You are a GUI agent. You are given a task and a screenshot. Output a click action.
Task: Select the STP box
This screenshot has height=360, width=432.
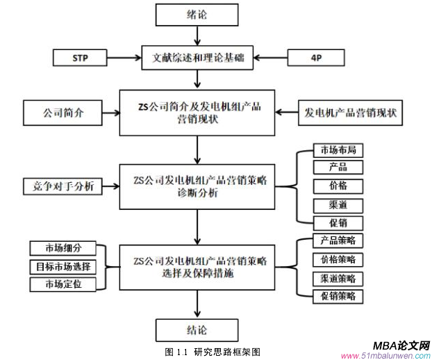tap(81, 56)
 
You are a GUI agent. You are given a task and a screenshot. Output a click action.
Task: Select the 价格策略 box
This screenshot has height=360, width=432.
tap(338, 259)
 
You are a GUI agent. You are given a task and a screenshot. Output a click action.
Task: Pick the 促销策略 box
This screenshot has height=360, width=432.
tap(338, 296)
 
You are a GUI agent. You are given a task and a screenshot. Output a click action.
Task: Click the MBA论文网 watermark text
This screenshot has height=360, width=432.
tap(401, 345)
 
